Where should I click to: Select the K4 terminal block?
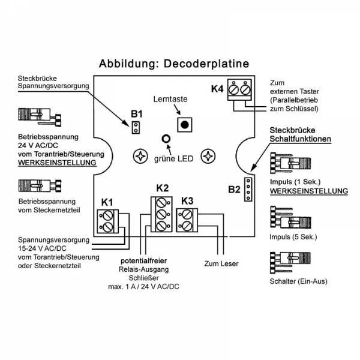click(x=239, y=91)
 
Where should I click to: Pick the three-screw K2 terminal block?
click(x=161, y=214)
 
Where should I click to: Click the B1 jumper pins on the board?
click(x=136, y=127)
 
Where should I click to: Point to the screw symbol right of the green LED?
click(x=208, y=156)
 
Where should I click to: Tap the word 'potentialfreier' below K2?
click(x=146, y=262)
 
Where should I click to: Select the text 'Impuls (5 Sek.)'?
click(x=292, y=238)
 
